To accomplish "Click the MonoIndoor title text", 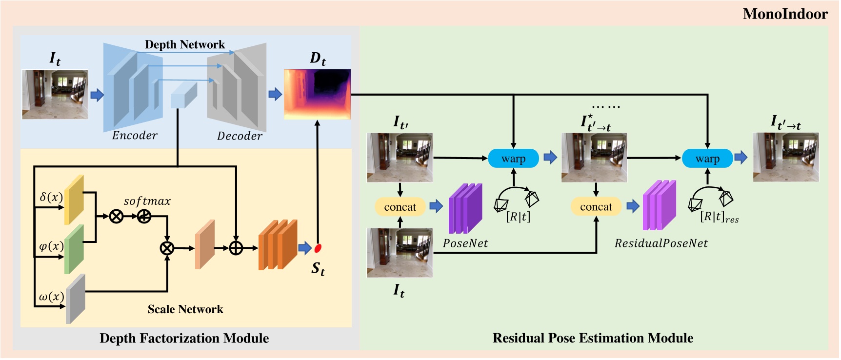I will pos(784,14).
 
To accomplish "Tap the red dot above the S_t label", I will pos(318,248).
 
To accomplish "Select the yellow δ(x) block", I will pos(74,200).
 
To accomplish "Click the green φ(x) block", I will pos(74,249).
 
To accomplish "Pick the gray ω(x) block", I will pos(75,299).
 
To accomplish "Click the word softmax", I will pos(147,201).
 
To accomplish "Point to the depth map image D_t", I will pos(317,94).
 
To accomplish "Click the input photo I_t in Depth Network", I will pos(55,94).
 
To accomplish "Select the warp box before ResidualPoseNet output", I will pos(707,159).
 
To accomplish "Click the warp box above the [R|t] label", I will pos(513,159).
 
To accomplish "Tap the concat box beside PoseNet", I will pos(400,207).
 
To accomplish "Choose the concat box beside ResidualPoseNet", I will pos(596,207).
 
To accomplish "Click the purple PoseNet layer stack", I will pos(465,208).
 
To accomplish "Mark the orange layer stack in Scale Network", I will pos(278,244).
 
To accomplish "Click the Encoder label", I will pos(135,135).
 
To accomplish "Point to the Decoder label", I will pos(240,136).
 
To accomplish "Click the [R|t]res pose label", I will pos(719,217).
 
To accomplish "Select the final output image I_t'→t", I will pos(785,157).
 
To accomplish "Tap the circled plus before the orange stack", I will pos(236,248).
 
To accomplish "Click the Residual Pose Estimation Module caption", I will pos(592,338).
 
